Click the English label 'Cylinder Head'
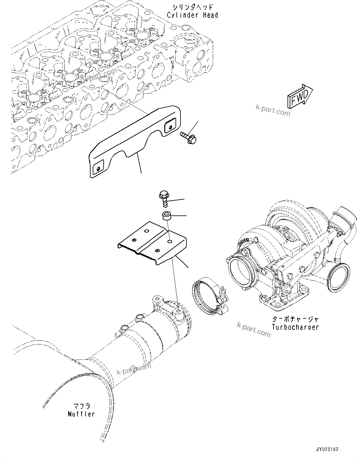[x=192, y=15]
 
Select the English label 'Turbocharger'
[x=295, y=327]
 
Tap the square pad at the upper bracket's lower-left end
[x=98, y=168]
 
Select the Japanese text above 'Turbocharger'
[x=295, y=319]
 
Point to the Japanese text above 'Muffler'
[x=82, y=406]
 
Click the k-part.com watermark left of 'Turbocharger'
[x=254, y=329]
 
